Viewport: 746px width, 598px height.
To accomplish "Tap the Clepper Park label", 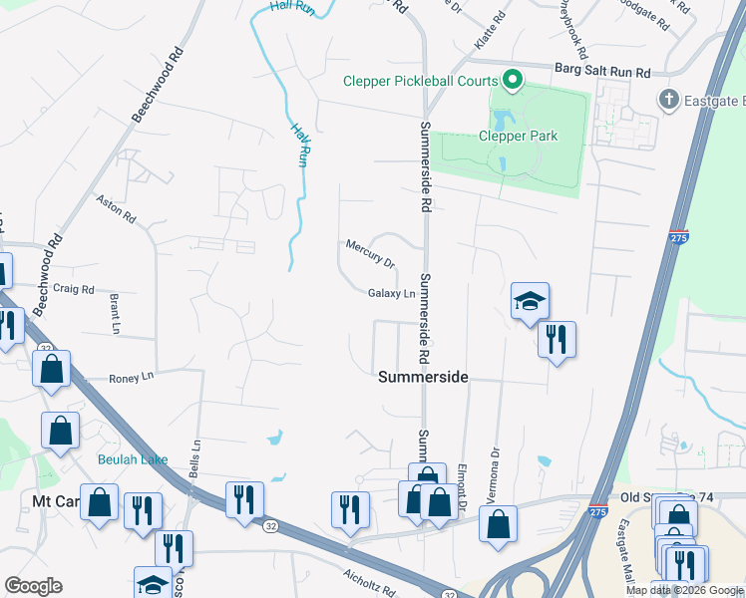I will tap(518, 136).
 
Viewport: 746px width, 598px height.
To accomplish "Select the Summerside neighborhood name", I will tap(423, 377).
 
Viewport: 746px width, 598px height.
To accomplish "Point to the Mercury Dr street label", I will tap(370, 253).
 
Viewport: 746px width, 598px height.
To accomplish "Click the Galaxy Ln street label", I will tap(391, 293).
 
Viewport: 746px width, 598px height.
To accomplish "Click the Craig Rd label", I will tap(74, 289).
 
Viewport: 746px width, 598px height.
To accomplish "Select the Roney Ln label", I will tap(133, 377).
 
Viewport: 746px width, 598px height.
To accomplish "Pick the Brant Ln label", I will tap(114, 313).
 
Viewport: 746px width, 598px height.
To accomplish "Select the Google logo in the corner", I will tap(33, 586).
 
